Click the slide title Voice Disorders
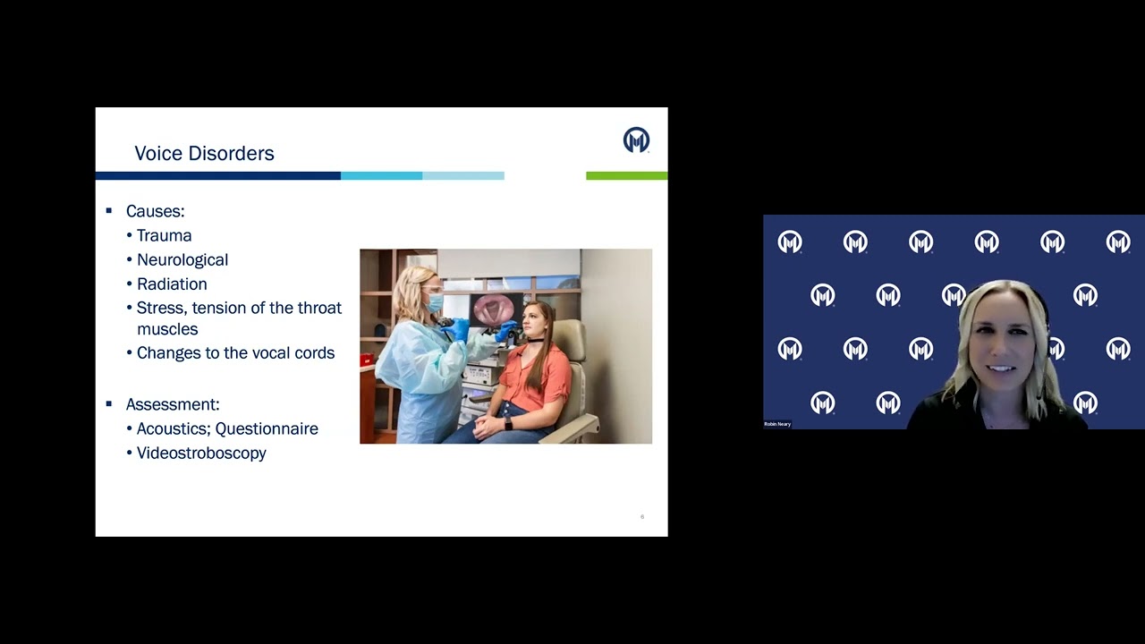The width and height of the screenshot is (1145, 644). [x=204, y=154]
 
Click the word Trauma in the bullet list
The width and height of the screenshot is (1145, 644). [x=164, y=236]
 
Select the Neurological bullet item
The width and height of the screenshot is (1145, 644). [x=182, y=260]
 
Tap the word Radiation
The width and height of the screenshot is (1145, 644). [x=172, y=284]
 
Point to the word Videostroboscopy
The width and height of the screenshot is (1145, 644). [x=201, y=453]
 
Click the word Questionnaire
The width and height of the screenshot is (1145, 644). [x=267, y=429]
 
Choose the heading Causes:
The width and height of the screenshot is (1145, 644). [x=155, y=212]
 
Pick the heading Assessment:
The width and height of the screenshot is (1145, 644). [x=172, y=405]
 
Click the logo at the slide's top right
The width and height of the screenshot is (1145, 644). [x=636, y=140]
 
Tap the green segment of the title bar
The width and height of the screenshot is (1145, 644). [x=626, y=176]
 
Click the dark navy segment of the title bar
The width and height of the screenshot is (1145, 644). [x=217, y=176]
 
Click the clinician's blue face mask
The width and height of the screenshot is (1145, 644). [x=435, y=303]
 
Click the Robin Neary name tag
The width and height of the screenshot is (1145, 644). [x=777, y=424]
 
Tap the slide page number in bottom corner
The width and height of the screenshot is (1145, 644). [x=642, y=517]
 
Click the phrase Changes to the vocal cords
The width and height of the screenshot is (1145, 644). [x=235, y=353]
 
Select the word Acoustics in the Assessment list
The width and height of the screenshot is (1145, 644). [x=173, y=429]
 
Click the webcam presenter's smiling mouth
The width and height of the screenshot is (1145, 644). [x=1000, y=368]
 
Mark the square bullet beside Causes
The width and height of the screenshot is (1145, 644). [x=109, y=211]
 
